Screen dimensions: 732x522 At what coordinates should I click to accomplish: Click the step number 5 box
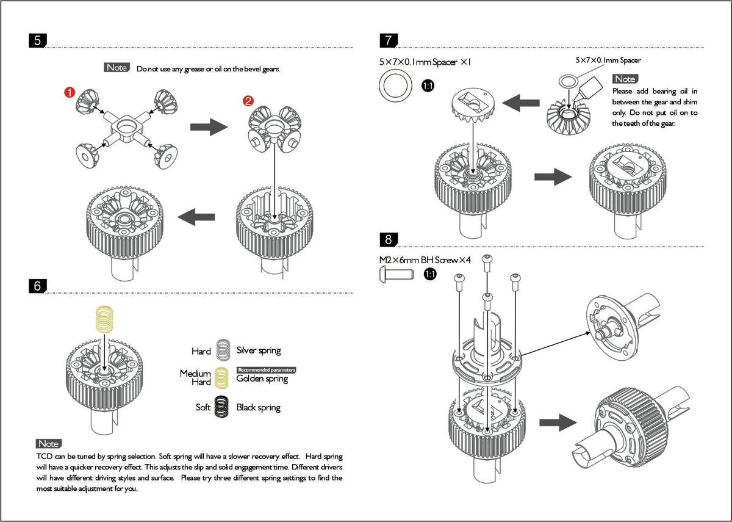[38, 40]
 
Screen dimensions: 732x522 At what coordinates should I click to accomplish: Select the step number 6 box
[38, 286]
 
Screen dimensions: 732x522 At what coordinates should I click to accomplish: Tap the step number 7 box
[389, 40]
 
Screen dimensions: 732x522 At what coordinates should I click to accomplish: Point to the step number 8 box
[389, 239]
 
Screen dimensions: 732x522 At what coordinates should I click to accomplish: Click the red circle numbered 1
[70, 92]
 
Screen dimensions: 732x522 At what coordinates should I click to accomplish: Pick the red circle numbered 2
[248, 100]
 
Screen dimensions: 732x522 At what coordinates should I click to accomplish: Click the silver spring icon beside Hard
[223, 350]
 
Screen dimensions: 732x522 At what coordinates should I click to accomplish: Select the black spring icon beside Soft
[221, 407]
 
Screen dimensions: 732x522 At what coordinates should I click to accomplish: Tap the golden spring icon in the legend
[221, 378]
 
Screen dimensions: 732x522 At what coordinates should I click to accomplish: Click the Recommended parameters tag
[267, 370]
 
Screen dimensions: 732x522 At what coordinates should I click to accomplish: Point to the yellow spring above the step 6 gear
[104, 319]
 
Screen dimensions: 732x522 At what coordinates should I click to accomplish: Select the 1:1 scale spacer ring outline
[395, 85]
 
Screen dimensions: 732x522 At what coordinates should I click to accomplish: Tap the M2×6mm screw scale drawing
[396, 274]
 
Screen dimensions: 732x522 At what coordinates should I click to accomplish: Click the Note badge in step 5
[117, 67]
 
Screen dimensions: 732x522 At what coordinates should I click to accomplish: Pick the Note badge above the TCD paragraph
[49, 444]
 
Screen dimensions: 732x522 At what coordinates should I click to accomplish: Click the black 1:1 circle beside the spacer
[428, 85]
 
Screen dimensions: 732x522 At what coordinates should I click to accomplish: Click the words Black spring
[259, 408]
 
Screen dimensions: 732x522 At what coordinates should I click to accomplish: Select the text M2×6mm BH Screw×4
[425, 260]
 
